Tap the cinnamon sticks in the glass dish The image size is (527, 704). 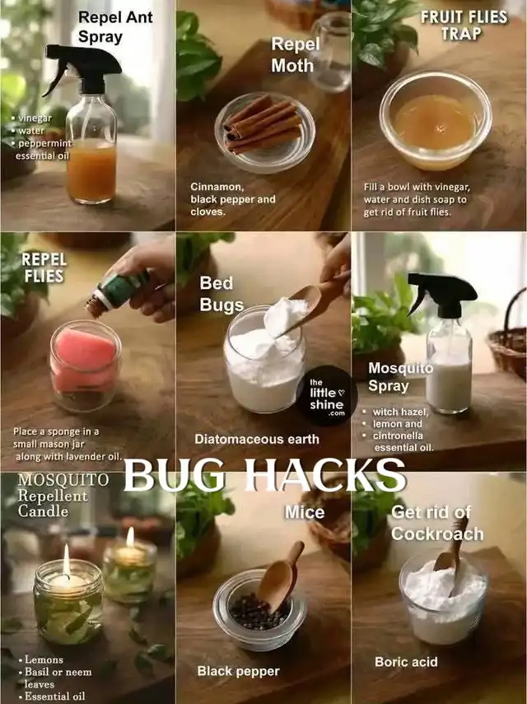point(263,124)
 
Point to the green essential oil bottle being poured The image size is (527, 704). point(118,291)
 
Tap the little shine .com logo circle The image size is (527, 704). point(326,395)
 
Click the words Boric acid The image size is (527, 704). point(406,662)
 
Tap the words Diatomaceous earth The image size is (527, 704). point(257,439)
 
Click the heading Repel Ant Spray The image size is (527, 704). point(115,27)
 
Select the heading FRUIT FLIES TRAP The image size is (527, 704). point(464,26)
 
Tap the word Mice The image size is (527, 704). point(305,512)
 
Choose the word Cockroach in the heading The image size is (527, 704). point(437,534)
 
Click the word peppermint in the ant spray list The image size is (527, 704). point(45,143)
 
